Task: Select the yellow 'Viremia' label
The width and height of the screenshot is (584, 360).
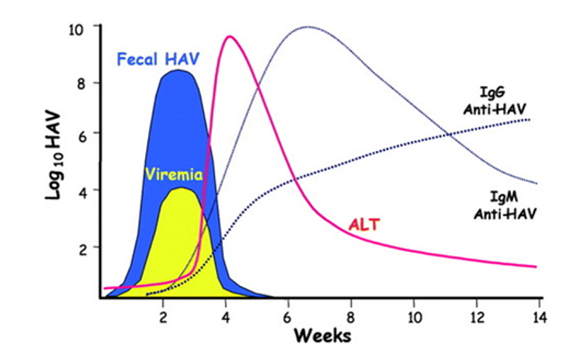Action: click(x=174, y=175)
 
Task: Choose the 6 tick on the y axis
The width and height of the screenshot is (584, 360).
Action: click(x=88, y=135)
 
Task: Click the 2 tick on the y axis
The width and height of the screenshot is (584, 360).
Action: click(x=88, y=247)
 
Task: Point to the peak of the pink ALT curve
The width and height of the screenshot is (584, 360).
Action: click(x=229, y=36)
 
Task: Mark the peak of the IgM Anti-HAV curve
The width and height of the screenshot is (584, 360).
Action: click(x=307, y=27)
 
